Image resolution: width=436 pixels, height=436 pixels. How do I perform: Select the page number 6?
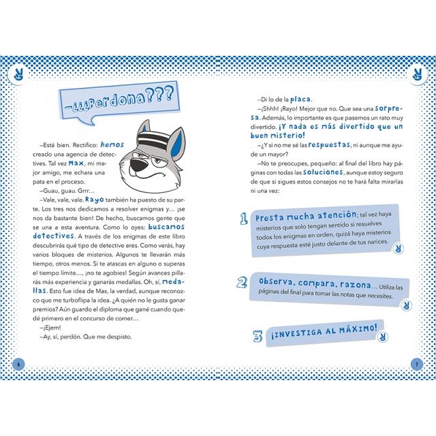click(x=19, y=362)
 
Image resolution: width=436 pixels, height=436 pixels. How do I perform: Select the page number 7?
click(x=416, y=362)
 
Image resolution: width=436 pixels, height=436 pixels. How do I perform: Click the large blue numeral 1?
click(x=243, y=219)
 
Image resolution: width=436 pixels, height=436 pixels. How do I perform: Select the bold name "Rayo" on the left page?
click(x=94, y=193)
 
